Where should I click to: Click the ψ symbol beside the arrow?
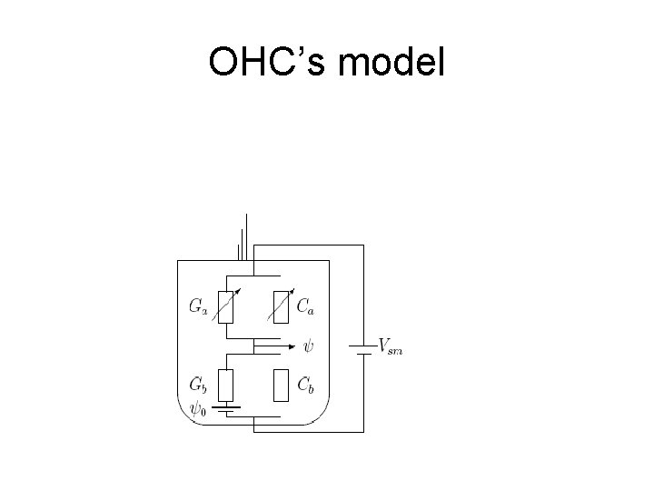[x=310, y=346]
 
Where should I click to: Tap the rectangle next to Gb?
[x=226, y=386]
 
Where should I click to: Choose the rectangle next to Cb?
[x=282, y=386]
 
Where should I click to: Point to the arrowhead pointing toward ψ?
[x=292, y=346]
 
